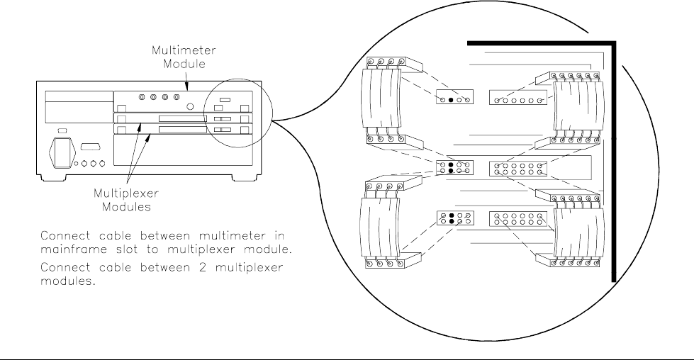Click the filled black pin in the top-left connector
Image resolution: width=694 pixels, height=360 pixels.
pyautogui.click(x=451, y=101)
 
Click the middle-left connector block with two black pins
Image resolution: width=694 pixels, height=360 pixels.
pyautogui.click(x=454, y=167)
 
